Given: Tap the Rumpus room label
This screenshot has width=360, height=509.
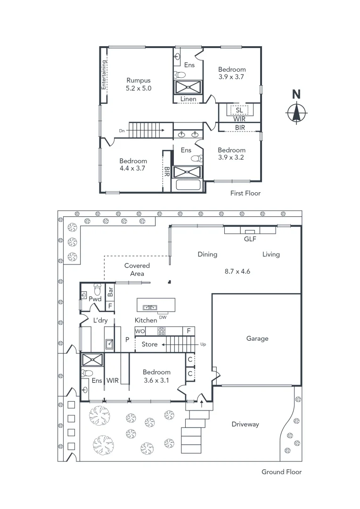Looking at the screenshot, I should click(139, 81).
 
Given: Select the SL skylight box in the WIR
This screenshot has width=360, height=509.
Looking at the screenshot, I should click(239, 110).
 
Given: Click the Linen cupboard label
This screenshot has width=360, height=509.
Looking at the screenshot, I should click(188, 99).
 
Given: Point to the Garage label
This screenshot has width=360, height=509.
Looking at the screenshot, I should click(257, 338).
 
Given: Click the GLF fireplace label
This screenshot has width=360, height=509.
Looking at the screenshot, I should click(250, 239).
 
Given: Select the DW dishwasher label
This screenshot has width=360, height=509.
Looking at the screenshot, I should click(163, 317).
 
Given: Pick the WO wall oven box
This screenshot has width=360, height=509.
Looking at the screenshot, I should click(140, 331).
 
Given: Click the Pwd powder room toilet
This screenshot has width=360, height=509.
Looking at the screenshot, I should click(98, 288).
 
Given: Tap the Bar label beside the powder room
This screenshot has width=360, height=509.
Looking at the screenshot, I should click(110, 291).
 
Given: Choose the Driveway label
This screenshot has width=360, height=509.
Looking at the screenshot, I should click(245, 424).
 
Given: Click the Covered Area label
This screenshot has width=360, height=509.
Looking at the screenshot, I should click(137, 270).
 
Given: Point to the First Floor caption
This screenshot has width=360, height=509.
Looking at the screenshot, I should click(245, 193).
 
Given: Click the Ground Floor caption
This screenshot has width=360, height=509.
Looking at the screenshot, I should click(281, 472).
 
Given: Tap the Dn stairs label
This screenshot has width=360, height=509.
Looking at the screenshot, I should click(122, 131).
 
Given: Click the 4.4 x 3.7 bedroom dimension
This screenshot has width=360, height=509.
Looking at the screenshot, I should click(133, 168).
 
